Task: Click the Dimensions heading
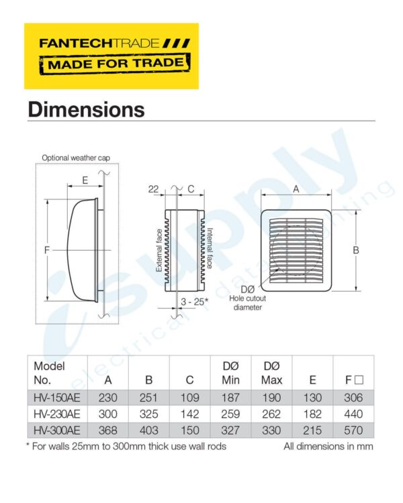pyautogui.click(x=86, y=109)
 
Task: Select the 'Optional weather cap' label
pyautogui.click(x=76, y=158)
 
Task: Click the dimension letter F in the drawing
pyautogui.click(x=46, y=250)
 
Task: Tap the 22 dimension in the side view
pyautogui.click(x=154, y=190)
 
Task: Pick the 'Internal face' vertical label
pyautogui.click(x=210, y=248)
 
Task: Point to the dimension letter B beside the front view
pyautogui.click(x=356, y=250)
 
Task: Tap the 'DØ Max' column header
pyautogui.click(x=271, y=374)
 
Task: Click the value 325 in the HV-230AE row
pyautogui.click(x=148, y=413)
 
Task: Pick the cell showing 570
pyautogui.click(x=354, y=429)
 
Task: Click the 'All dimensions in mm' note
pyautogui.click(x=327, y=445)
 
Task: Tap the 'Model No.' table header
pyautogui.click(x=49, y=374)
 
